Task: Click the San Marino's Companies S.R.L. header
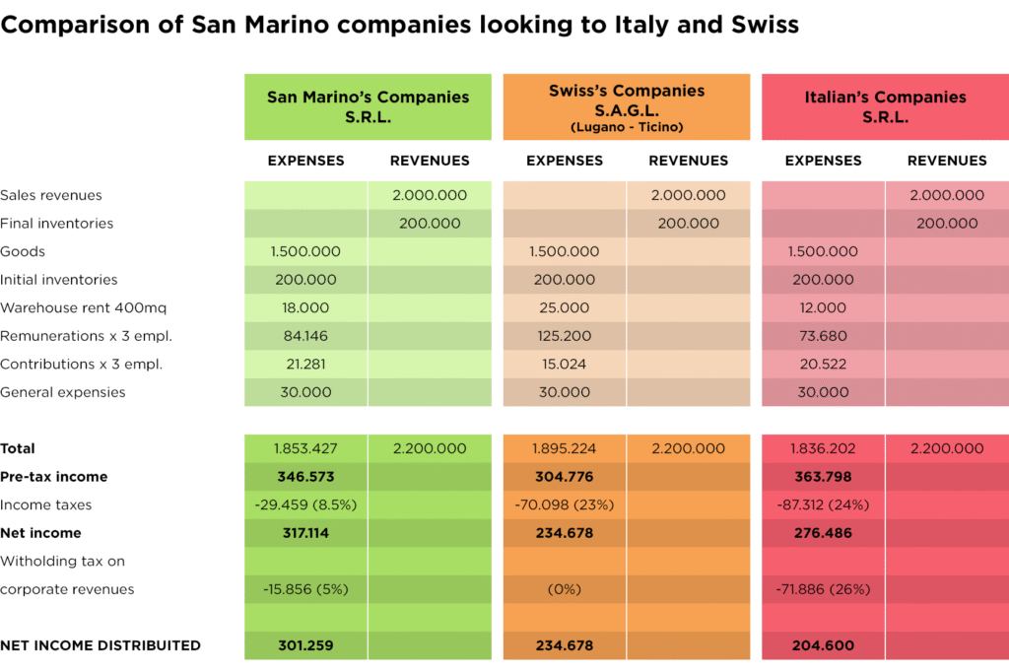(368, 106)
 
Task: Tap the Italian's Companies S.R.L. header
(885, 106)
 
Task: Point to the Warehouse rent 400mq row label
(65, 307)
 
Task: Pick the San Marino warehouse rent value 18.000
(305, 307)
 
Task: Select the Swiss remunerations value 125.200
(565, 336)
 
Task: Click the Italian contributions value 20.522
(823, 364)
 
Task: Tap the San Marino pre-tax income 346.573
(305, 477)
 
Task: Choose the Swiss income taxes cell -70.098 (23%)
(565, 504)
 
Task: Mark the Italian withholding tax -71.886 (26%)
(823, 589)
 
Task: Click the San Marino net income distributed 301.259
(305, 645)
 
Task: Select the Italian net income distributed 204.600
(823, 645)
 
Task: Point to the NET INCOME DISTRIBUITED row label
(101, 645)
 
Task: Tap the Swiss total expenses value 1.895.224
(565, 448)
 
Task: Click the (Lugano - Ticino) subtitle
(627, 127)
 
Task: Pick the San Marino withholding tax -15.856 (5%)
(305, 589)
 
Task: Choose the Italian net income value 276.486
(823, 533)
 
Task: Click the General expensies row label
(63, 392)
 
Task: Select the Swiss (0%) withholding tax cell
(565, 589)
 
